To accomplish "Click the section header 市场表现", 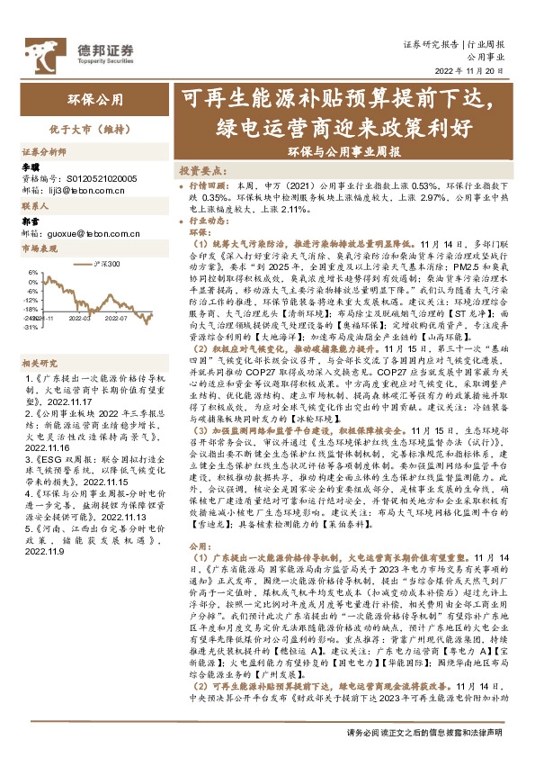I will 39,248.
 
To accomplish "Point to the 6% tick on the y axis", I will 31,270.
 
